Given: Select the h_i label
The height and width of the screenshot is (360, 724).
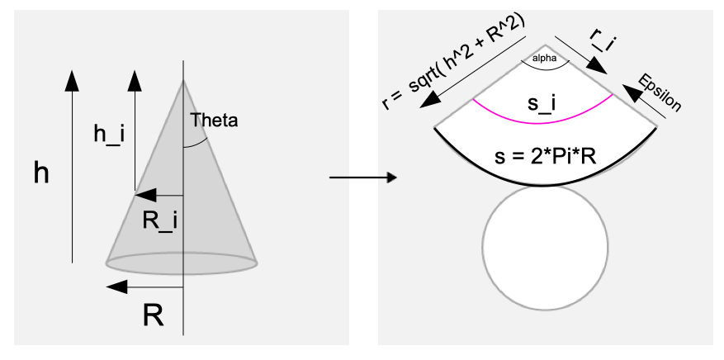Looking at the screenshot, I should tap(109, 135).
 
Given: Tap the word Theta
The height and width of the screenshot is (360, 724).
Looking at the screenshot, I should tap(214, 120).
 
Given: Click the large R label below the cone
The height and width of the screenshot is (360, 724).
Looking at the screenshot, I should tap(152, 315).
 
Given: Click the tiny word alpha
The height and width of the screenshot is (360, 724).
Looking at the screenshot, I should tap(545, 59).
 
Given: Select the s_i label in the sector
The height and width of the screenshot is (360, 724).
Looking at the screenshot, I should tap(542, 103).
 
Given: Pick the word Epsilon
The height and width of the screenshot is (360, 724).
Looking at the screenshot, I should tap(660, 92).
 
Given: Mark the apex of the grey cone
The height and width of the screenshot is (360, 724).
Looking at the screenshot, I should tap(183, 81).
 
